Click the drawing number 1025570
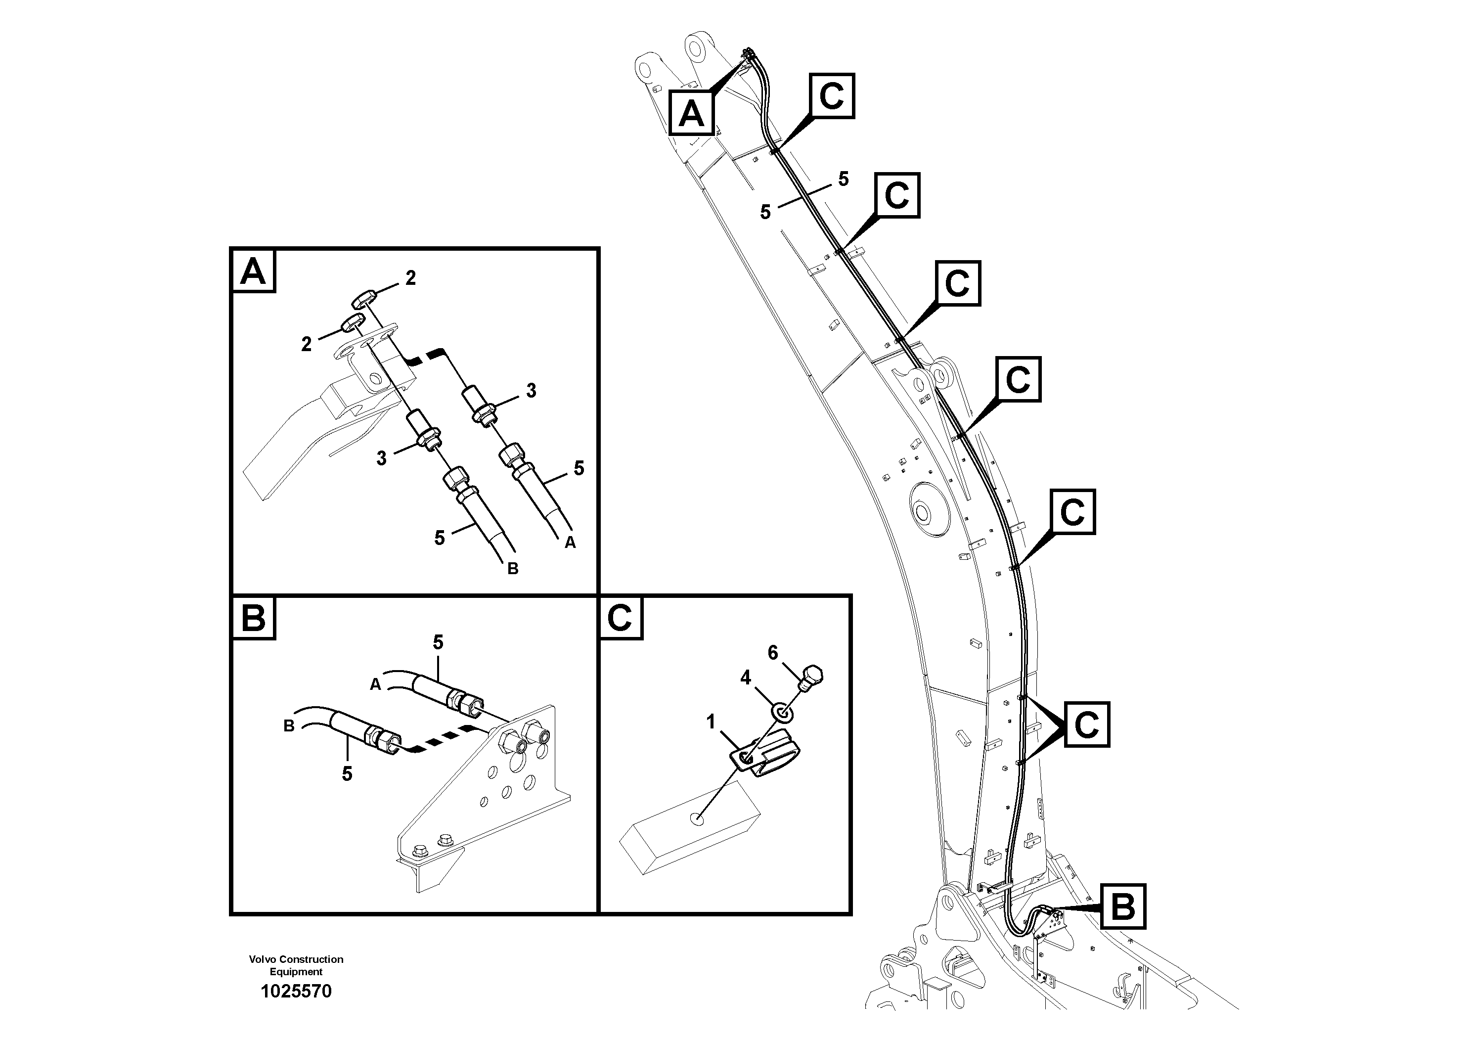[x=296, y=991]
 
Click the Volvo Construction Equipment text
[x=296, y=965]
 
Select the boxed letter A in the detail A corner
[x=253, y=272]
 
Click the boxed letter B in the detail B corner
[x=253, y=619]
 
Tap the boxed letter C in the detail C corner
[x=620, y=619]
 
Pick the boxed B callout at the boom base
[x=1122, y=906]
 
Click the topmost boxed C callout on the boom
[x=832, y=96]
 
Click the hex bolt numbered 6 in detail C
[x=811, y=677]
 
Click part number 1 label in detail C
[x=711, y=722]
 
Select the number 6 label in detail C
[x=772, y=653]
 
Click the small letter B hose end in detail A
[x=512, y=569]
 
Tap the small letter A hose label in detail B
[x=376, y=685]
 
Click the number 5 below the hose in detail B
[x=347, y=774]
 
